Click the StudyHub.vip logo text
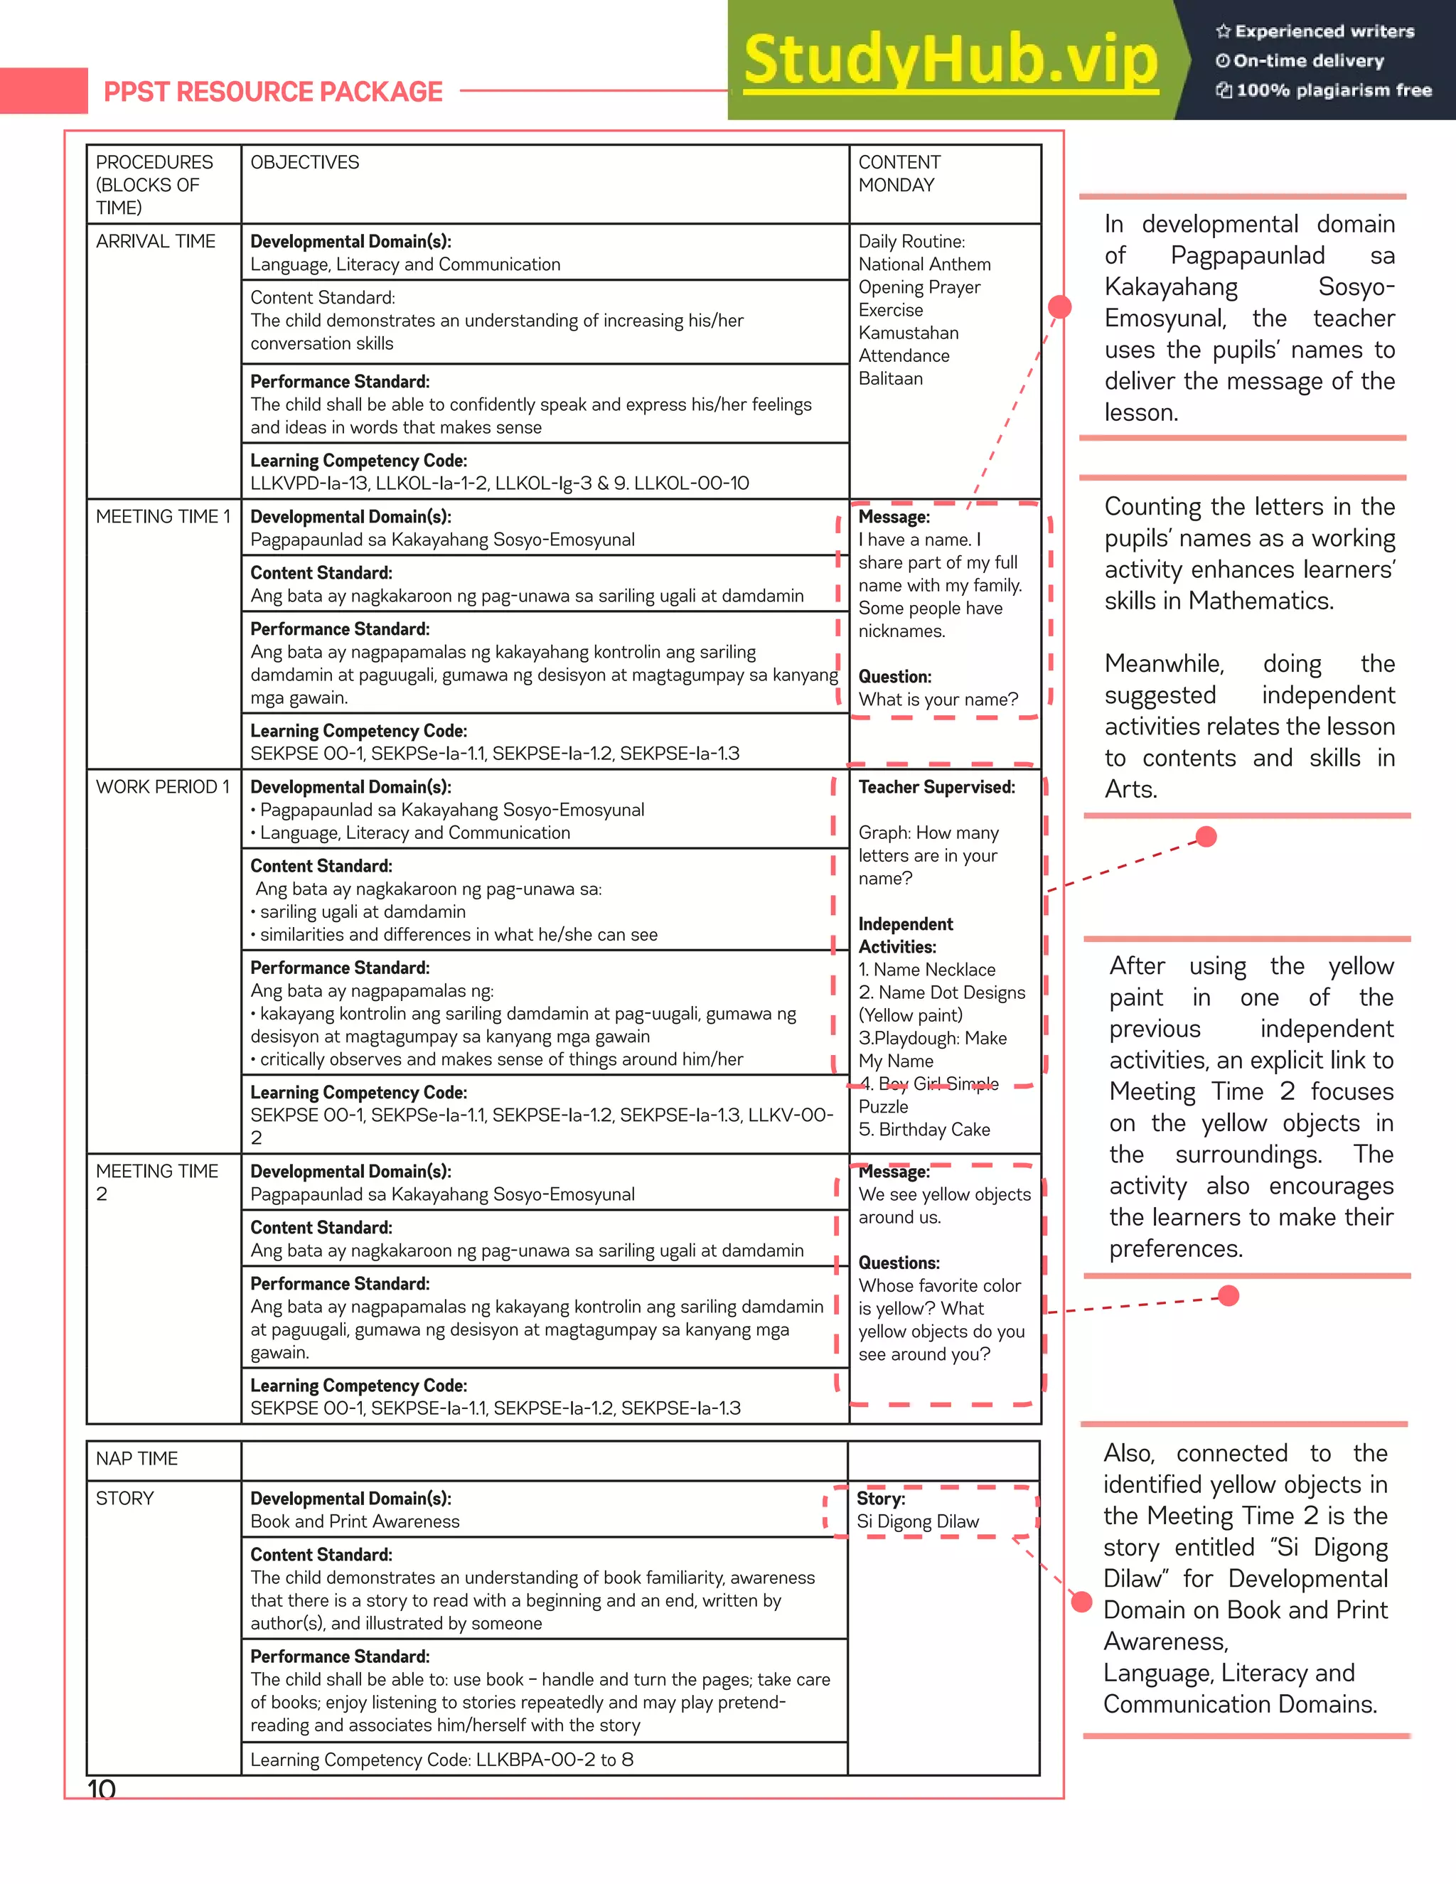(951, 60)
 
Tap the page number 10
(102, 1789)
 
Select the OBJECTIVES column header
(304, 162)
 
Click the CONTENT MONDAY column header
(899, 173)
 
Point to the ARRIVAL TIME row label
(155, 242)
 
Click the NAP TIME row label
(136, 1458)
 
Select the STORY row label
(124, 1499)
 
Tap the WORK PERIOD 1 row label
(162, 787)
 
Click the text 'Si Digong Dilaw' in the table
(917, 1521)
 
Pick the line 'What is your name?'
(938, 700)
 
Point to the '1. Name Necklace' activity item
(926, 970)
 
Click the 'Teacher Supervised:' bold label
(936, 787)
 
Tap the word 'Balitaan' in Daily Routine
(890, 379)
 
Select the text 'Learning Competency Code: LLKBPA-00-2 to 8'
(441, 1760)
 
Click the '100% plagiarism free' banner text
(1333, 90)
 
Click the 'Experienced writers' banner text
(1324, 32)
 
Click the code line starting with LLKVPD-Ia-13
(499, 483)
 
